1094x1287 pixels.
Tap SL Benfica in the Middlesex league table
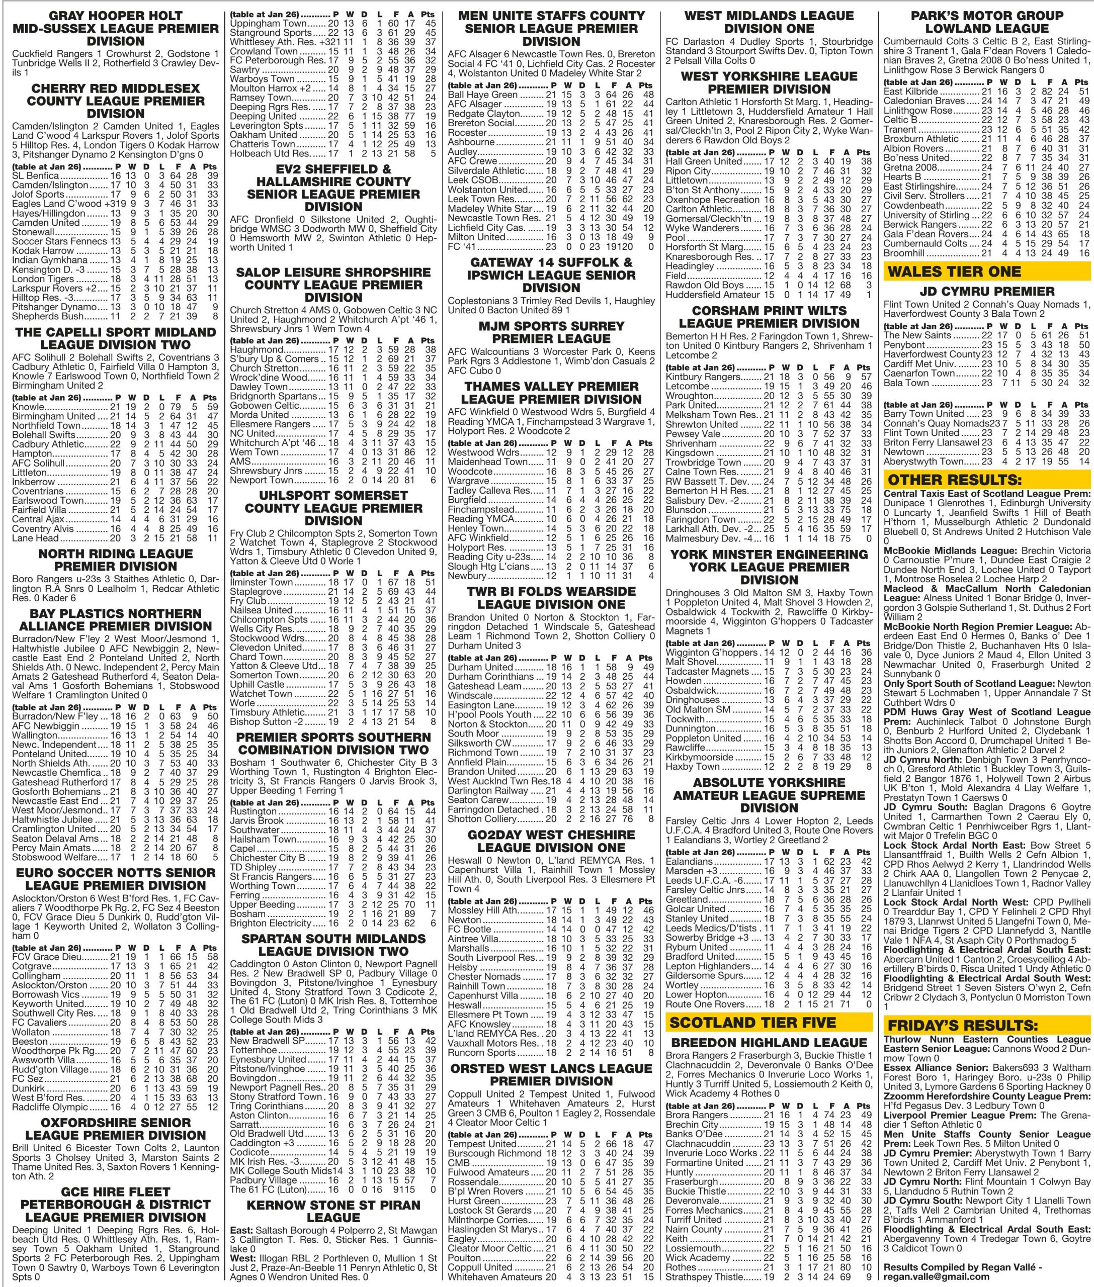coord(35,175)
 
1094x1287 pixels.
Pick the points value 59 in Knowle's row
coord(212,407)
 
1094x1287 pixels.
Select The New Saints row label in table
coord(910,335)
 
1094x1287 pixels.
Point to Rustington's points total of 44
coord(430,811)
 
